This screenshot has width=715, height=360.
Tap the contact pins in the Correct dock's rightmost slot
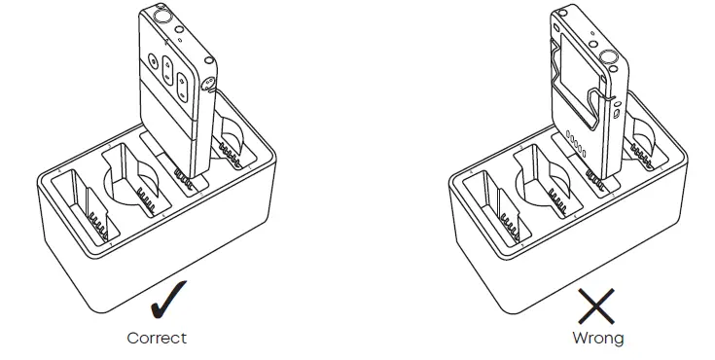pyautogui.click(x=232, y=153)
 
